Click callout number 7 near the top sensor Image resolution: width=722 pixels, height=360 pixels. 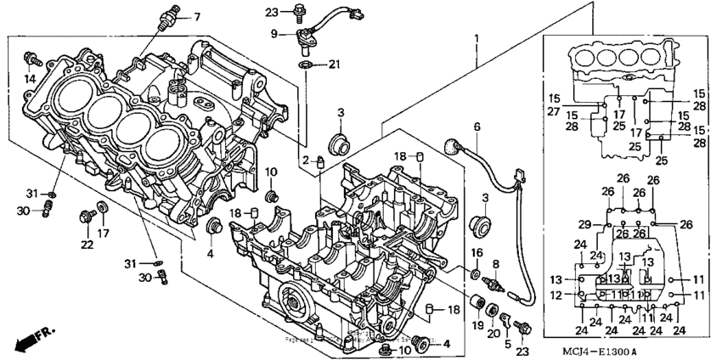tap(196, 16)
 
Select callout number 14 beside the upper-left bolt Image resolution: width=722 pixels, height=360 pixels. tap(29, 79)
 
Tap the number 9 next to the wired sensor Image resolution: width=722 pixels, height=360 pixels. tap(274, 34)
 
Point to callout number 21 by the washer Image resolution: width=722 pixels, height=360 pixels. tap(334, 65)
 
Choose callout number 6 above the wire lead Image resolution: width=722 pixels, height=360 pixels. tap(477, 127)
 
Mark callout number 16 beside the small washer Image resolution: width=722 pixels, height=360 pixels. tap(478, 253)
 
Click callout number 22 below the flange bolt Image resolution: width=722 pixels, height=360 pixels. tap(86, 245)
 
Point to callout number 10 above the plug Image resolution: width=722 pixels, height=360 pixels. tap(271, 172)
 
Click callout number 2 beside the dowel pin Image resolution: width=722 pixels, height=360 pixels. tap(305, 160)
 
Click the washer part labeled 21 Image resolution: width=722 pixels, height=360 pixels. tap(304, 65)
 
